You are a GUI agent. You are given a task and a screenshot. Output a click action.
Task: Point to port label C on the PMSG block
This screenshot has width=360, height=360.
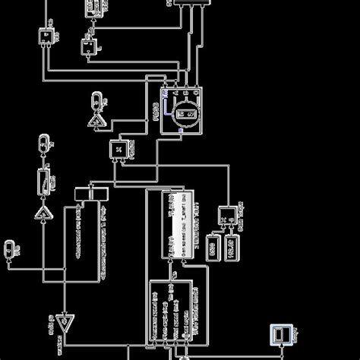tap(196, 92)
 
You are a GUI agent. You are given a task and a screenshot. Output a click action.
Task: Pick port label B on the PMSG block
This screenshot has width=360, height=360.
tap(186, 92)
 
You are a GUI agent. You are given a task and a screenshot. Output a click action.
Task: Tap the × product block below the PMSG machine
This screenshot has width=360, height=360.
tap(119, 150)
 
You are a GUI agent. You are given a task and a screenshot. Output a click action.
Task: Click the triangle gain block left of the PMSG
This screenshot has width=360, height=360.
tap(96, 122)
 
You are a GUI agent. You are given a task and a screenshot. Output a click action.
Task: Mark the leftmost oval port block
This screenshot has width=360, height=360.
tap(9, 248)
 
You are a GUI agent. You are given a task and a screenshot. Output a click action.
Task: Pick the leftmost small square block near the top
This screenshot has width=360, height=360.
tap(46, 36)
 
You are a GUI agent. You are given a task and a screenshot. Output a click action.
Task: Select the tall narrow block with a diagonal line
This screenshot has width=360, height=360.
tap(44, 180)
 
